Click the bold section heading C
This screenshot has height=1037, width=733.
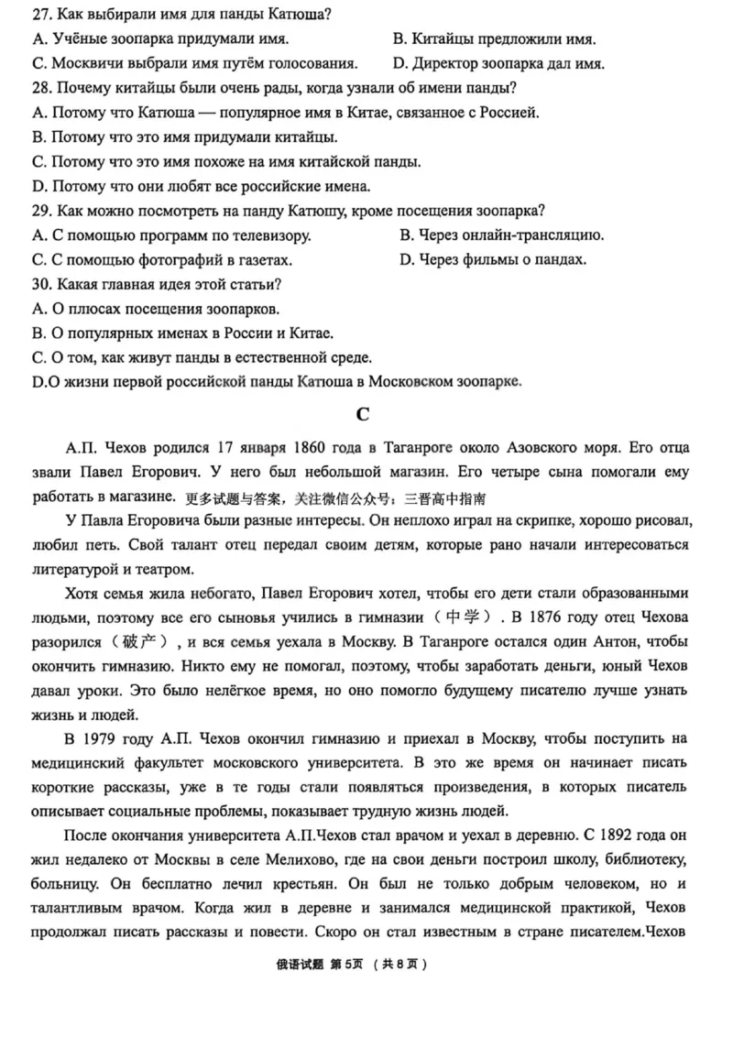tap(363, 414)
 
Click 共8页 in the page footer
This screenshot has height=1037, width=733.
tap(401, 965)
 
